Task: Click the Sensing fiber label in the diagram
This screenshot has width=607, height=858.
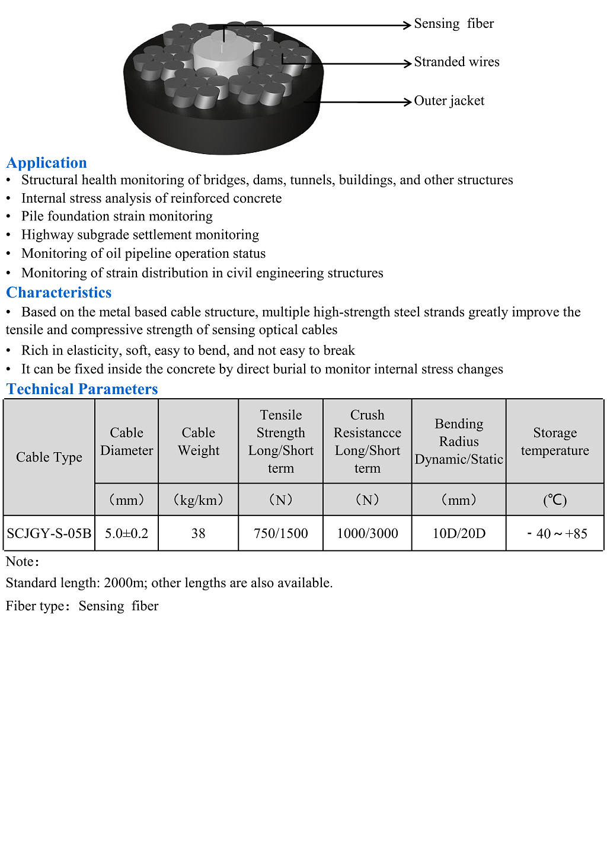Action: [x=453, y=24]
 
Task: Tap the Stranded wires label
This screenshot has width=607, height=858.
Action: [x=456, y=62]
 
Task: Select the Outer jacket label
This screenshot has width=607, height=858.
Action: [x=449, y=101]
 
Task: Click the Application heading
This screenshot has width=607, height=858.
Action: [x=47, y=163]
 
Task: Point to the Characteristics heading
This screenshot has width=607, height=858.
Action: [x=59, y=293]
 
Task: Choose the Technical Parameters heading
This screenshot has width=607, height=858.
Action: [x=82, y=389]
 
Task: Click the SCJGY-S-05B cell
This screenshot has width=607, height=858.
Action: [x=49, y=533]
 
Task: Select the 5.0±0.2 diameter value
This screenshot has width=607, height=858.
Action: [x=126, y=533]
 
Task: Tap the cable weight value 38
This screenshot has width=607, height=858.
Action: [x=198, y=533]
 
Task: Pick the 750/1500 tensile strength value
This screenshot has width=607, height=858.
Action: [x=280, y=533]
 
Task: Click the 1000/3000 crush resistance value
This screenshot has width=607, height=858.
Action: [x=367, y=533]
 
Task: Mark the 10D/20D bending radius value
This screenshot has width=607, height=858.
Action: [x=459, y=533]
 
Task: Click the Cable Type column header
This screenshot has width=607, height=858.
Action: [x=49, y=457]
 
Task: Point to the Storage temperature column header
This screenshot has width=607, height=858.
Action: [x=555, y=441]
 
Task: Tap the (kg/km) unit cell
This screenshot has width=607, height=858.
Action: [x=198, y=500]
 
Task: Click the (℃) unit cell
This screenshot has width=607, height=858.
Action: [x=555, y=500]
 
